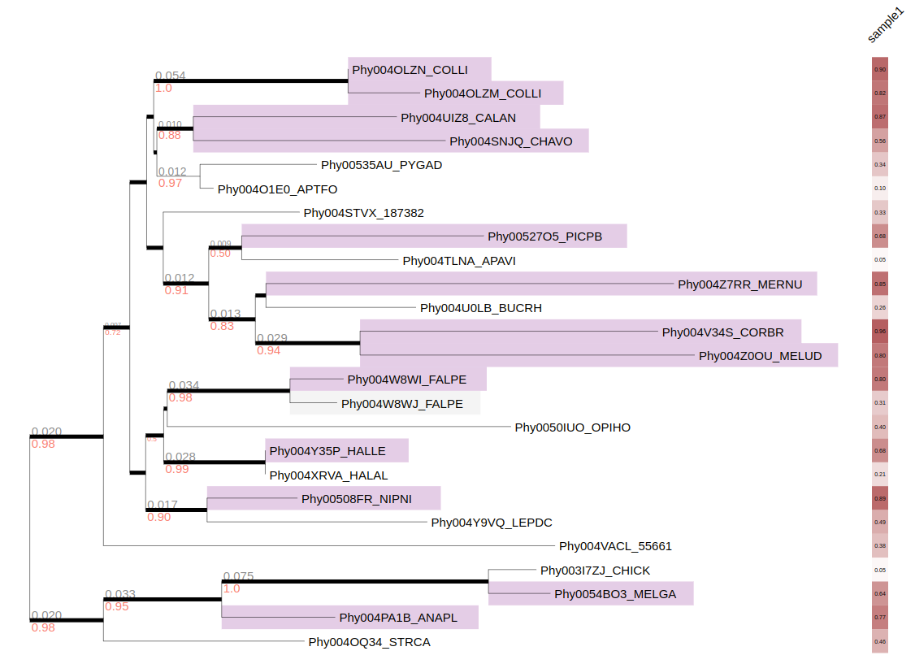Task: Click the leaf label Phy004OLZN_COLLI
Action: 410,70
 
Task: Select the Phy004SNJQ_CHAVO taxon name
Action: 510,141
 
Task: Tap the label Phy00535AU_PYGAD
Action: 381,165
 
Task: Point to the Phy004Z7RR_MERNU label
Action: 739,284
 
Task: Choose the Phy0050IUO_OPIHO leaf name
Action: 572,427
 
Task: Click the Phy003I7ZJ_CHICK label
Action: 595,571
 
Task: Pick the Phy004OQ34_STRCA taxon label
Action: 369,642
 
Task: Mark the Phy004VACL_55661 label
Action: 615,546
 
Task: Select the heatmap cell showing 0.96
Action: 879,332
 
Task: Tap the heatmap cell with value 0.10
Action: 879,189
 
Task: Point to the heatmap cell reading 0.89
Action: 879,498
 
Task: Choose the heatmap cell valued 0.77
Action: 879,618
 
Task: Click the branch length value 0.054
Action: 170,76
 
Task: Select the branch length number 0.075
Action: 238,577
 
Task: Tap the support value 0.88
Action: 169,136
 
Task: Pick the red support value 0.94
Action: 268,350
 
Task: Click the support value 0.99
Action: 176,469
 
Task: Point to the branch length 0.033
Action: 119,595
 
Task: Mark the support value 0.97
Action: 170,183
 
